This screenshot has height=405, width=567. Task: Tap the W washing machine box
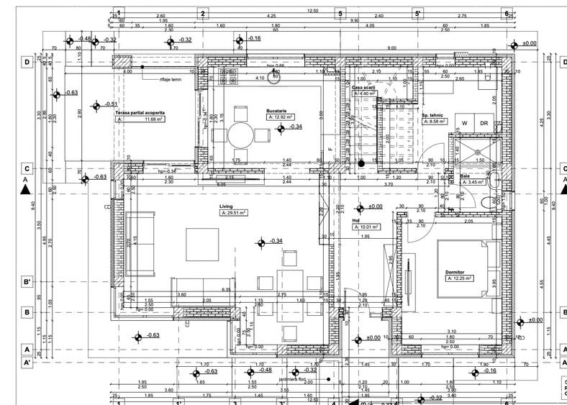click(465, 122)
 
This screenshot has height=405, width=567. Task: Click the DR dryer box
click(484, 122)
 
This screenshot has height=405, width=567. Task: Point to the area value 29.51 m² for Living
click(234, 213)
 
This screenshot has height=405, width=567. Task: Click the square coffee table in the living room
click(202, 245)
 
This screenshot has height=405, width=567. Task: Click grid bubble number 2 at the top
click(203, 13)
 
